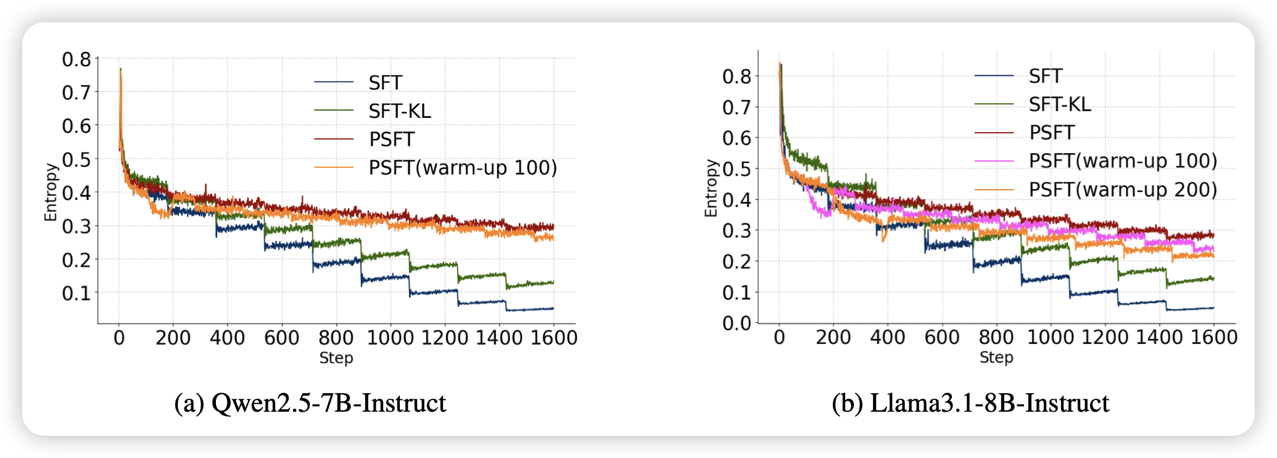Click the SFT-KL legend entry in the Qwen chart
click(400, 111)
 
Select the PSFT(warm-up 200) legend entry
click(1123, 189)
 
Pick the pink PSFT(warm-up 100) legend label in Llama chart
click(1123, 161)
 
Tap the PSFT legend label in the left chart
click(392, 139)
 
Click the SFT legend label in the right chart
click(1045, 77)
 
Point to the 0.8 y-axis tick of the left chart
click(76, 59)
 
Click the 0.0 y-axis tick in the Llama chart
click(737, 323)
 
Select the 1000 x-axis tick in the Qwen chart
click(391, 338)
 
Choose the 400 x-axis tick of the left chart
click(227, 338)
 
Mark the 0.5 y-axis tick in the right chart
click(737, 169)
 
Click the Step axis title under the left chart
click(336, 358)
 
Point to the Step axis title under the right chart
click(996, 357)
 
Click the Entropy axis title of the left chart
click(51, 192)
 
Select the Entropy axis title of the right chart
click(711, 188)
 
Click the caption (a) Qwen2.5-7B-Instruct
click(310, 403)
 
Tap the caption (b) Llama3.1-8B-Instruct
click(970, 403)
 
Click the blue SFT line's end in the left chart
click(553, 308)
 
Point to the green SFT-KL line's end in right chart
click(1213, 279)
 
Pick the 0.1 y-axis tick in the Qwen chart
click(76, 293)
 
